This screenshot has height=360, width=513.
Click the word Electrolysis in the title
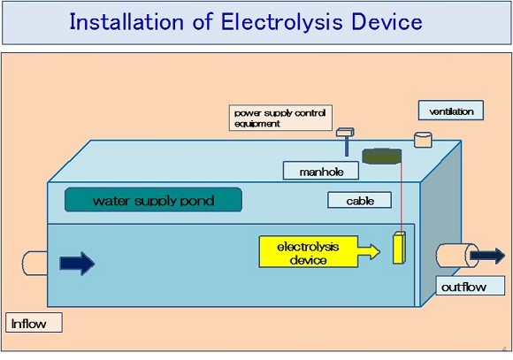click(x=282, y=22)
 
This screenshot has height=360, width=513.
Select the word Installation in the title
click(x=126, y=21)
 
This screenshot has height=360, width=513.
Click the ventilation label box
click(x=451, y=111)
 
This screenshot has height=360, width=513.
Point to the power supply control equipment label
click(x=280, y=118)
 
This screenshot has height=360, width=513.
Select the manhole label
click(x=320, y=171)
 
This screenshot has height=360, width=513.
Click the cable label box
click(x=360, y=200)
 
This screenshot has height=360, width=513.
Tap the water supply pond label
click(x=153, y=200)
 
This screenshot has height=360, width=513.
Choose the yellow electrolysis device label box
click(x=308, y=252)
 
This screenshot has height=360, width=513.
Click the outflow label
click(x=471, y=286)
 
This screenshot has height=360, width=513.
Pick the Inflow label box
click(x=34, y=323)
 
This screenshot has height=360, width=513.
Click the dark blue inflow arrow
click(x=77, y=264)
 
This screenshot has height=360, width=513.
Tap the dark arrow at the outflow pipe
click(x=487, y=256)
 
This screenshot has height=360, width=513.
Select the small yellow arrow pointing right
click(x=369, y=252)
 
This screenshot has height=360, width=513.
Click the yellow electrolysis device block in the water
click(x=399, y=248)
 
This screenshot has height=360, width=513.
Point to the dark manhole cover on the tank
click(x=381, y=156)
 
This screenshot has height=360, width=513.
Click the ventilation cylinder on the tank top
click(x=423, y=140)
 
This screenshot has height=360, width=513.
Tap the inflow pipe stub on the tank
click(x=34, y=263)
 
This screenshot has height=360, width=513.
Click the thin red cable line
click(x=401, y=196)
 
